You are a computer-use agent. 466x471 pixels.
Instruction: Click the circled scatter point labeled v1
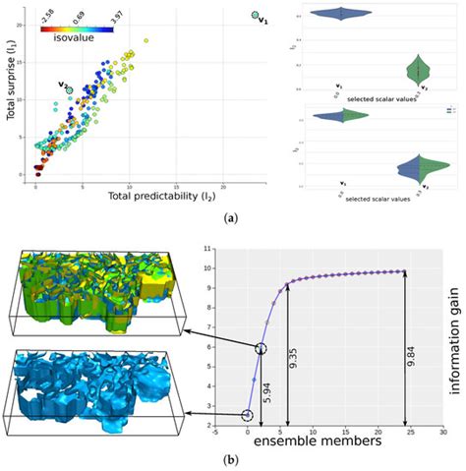[x=255, y=15]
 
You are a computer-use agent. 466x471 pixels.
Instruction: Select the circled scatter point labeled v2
[x=70, y=89]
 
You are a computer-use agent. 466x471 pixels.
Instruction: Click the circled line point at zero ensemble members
[x=247, y=416]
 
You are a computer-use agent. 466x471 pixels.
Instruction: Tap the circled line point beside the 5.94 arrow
[x=261, y=349]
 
